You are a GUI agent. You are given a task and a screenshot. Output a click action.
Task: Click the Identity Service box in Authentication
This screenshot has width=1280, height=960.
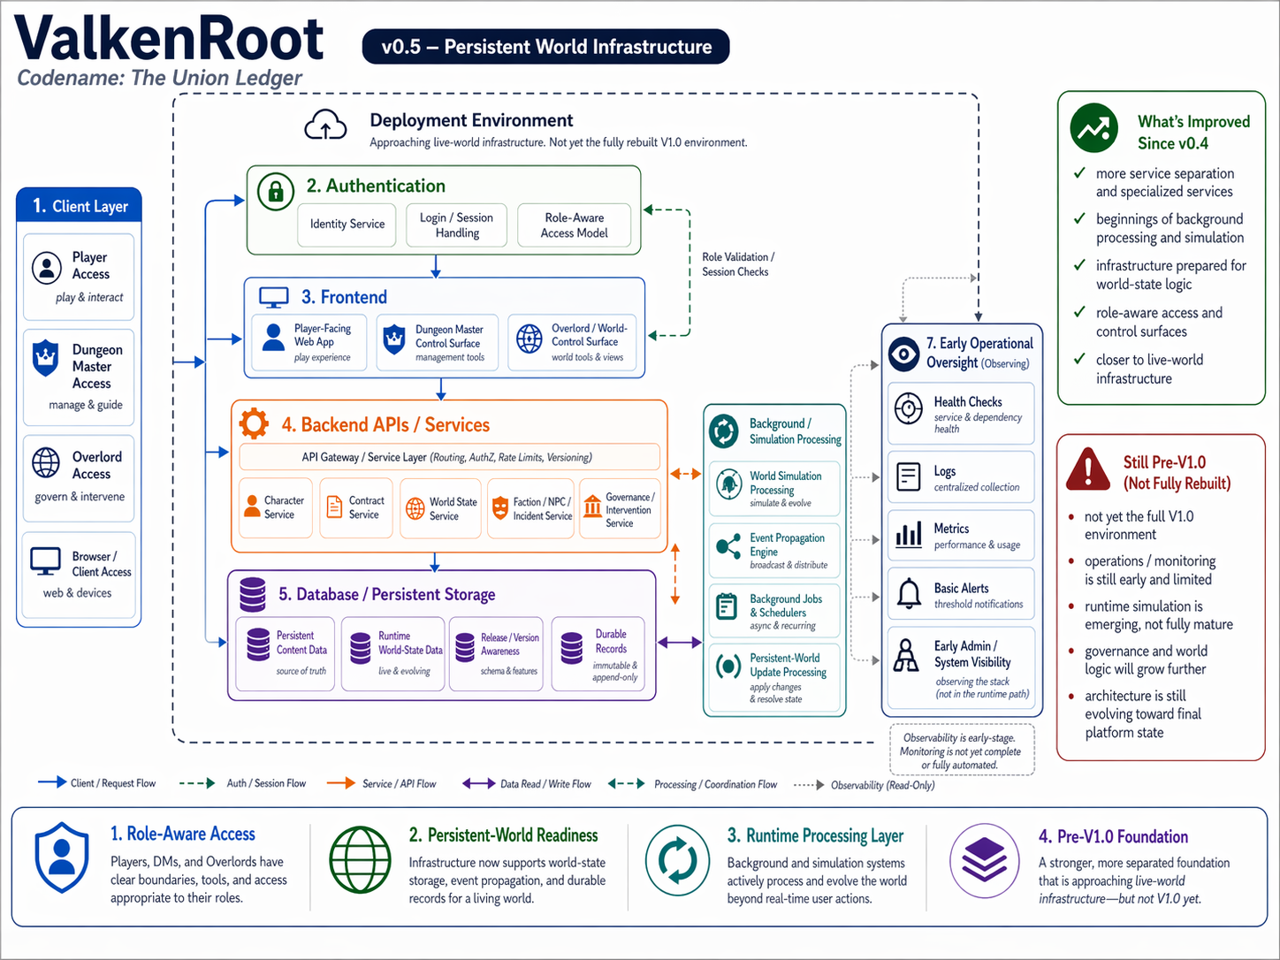pyautogui.click(x=347, y=225)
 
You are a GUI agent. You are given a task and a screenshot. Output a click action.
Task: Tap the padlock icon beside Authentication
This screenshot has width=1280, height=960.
pyautogui.click(x=276, y=191)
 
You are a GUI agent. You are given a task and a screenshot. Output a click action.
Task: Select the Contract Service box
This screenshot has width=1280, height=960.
pyautogui.click(x=356, y=507)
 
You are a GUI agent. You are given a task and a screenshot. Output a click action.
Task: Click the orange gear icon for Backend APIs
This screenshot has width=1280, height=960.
pyautogui.click(x=254, y=423)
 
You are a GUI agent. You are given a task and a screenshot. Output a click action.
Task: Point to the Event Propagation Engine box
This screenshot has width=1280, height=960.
pyautogui.click(x=774, y=551)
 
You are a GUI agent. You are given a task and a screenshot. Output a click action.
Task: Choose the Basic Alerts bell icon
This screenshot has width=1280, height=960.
pyautogui.click(x=909, y=593)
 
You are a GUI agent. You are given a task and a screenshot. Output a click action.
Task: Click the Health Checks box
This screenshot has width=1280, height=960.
pyautogui.click(x=960, y=414)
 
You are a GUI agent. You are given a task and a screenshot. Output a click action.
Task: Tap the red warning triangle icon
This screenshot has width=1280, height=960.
pyautogui.click(x=1087, y=469)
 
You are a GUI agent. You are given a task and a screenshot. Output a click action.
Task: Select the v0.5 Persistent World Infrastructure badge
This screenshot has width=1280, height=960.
pyautogui.click(x=545, y=47)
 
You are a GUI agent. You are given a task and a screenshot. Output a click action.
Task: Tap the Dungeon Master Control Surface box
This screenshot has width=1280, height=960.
pyautogui.click(x=437, y=342)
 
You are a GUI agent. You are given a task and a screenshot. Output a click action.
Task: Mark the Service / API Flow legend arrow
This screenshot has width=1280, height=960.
pyautogui.click(x=340, y=783)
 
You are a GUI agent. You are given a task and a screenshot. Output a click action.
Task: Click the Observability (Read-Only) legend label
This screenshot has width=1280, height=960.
pyautogui.click(x=881, y=785)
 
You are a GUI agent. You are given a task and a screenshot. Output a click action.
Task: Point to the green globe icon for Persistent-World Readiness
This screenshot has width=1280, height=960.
pyautogui.click(x=360, y=860)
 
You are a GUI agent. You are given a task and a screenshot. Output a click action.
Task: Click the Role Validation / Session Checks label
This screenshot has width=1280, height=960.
pyautogui.click(x=737, y=264)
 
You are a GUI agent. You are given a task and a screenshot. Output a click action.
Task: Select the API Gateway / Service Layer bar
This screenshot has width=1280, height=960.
pyautogui.click(x=448, y=457)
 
